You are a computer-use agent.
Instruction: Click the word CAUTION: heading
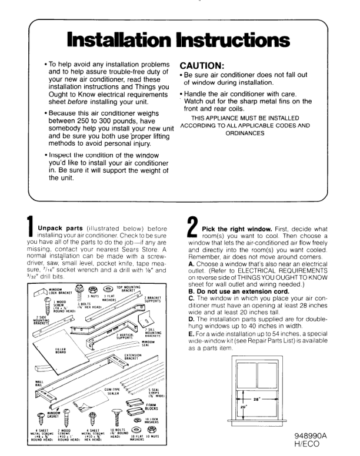coord(205,66)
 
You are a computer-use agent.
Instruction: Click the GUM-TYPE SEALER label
coord(112,391)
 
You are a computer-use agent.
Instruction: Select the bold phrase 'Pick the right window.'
coord(232,229)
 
